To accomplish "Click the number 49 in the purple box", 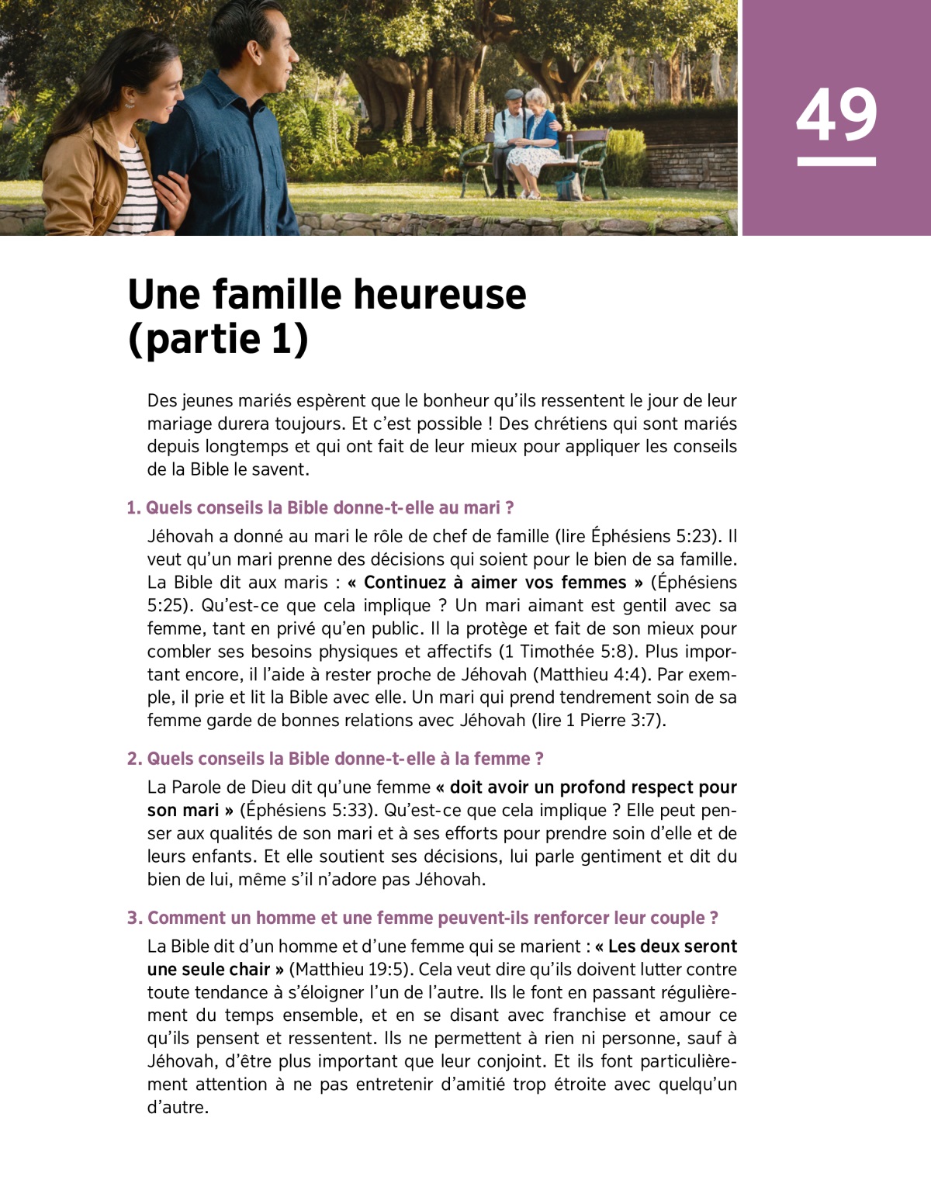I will point(836,115).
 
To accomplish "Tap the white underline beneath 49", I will point(836,161).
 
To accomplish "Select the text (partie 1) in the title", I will point(218,339).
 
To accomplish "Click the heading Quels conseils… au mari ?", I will point(320,508).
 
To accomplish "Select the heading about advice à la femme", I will point(335,759).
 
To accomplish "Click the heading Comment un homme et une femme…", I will point(423,918).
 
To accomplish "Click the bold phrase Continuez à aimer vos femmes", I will point(495,583).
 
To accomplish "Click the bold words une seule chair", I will point(208,969).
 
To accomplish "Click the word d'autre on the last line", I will point(178,1107).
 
